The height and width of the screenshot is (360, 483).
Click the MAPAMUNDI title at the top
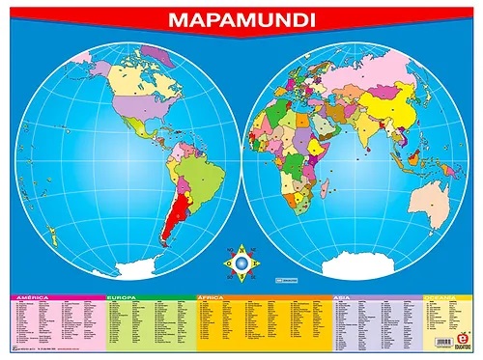(x=241, y=18)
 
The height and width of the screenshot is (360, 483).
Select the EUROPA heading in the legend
(x=123, y=298)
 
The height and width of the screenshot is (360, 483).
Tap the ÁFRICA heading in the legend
(x=214, y=298)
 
